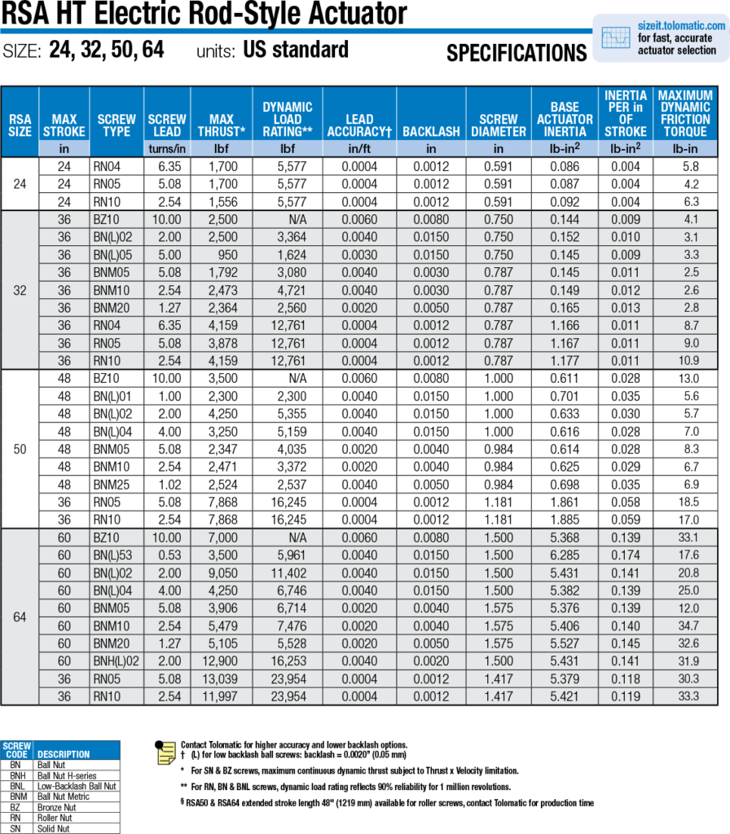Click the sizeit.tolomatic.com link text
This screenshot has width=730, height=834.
(x=681, y=26)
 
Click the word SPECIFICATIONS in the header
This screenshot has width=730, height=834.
(x=517, y=54)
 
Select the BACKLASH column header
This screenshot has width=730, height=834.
(x=431, y=131)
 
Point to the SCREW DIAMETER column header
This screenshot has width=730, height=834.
(x=498, y=125)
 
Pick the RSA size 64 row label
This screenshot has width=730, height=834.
(x=20, y=617)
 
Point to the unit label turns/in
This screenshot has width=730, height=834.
(x=167, y=148)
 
